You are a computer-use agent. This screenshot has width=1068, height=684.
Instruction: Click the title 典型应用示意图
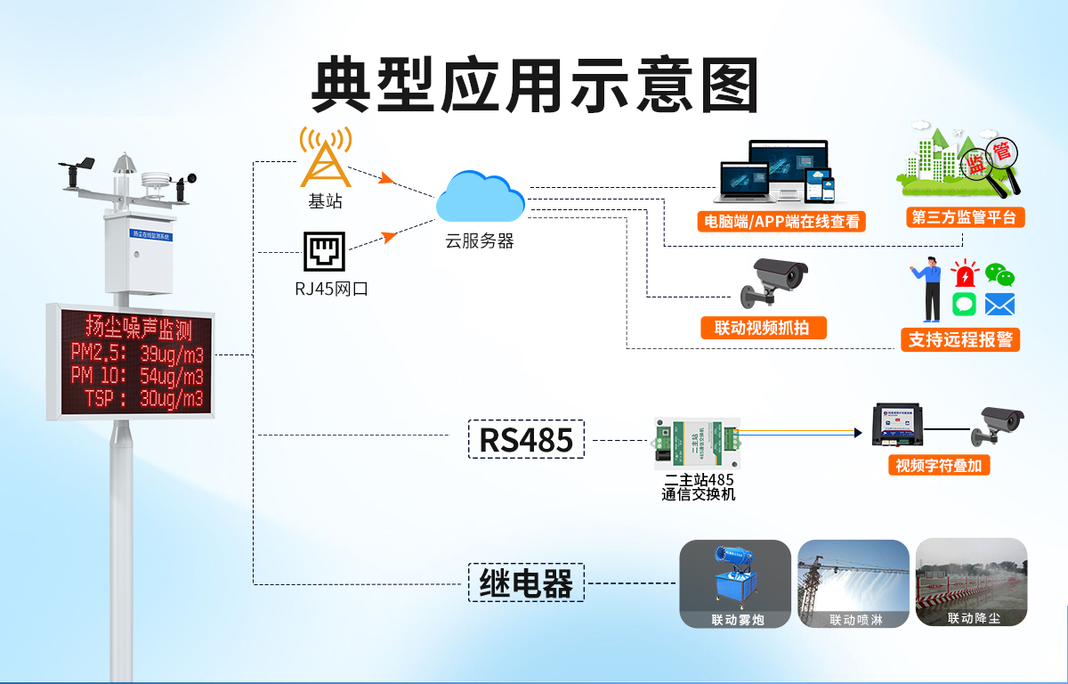tap(534, 85)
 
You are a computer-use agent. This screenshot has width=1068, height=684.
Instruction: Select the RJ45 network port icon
tap(324, 251)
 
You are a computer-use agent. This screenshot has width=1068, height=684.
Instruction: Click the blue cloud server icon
tap(481, 197)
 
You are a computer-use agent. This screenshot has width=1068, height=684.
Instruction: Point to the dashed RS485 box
tap(526, 439)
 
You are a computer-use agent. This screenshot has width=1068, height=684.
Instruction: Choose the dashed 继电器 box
tap(526, 583)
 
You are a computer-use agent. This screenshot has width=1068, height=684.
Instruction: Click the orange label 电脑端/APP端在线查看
tap(782, 221)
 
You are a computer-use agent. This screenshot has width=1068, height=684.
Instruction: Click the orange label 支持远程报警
tap(960, 338)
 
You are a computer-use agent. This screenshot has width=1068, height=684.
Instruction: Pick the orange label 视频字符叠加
tap(939, 465)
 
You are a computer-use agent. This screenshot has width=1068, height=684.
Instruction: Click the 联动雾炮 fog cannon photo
tap(735, 583)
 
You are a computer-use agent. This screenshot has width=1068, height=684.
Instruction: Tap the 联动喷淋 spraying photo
tap(854, 583)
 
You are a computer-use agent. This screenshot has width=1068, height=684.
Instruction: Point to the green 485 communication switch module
tap(697, 443)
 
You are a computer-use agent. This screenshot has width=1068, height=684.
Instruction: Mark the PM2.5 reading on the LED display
tap(138, 354)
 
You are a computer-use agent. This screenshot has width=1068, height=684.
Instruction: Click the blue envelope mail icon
tap(999, 305)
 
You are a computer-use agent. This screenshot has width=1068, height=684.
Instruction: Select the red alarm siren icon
tap(964, 273)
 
